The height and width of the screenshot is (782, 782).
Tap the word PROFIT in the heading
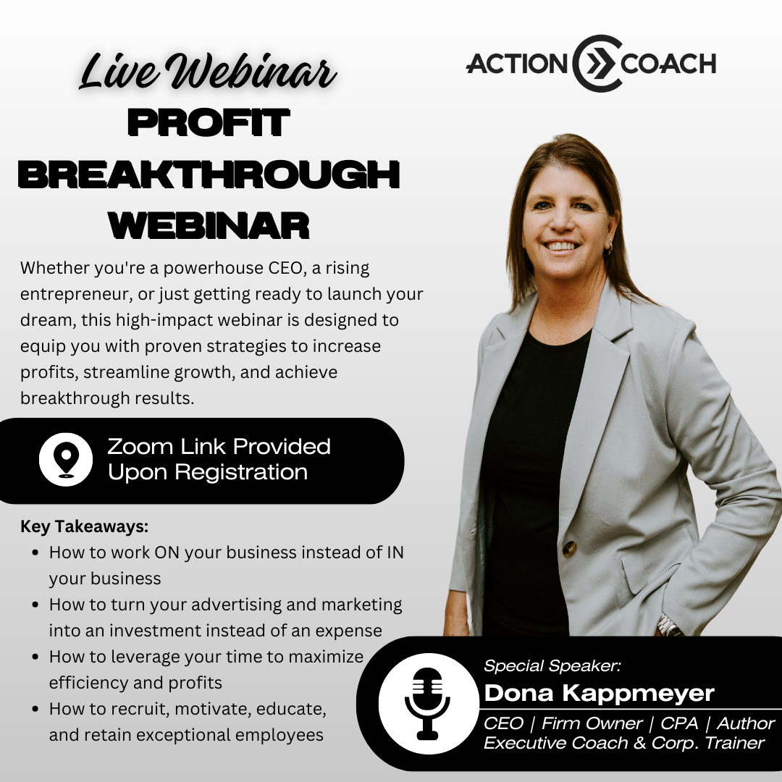point(209,122)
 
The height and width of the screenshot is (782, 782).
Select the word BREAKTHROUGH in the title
point(209,175)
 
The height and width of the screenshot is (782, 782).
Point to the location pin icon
point(66,459)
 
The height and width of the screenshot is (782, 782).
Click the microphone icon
point(427,703)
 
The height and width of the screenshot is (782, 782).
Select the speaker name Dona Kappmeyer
point(599,693)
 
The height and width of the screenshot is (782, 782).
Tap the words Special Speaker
point(552,665)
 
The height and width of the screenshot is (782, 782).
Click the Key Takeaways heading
point(84,526)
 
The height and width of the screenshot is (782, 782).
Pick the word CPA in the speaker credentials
point(679,723)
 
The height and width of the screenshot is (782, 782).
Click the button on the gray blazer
point(570,548)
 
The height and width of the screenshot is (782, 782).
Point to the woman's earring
point(608,249)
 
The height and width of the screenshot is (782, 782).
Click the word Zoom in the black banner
point(140,446)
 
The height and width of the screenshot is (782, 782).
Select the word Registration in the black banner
point(241,472)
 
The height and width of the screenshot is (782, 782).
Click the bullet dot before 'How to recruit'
point(35,709)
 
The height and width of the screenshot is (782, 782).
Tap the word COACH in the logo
point(668,64)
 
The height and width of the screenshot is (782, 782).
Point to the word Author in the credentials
point(746,723)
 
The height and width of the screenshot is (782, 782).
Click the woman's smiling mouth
point(561,246)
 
